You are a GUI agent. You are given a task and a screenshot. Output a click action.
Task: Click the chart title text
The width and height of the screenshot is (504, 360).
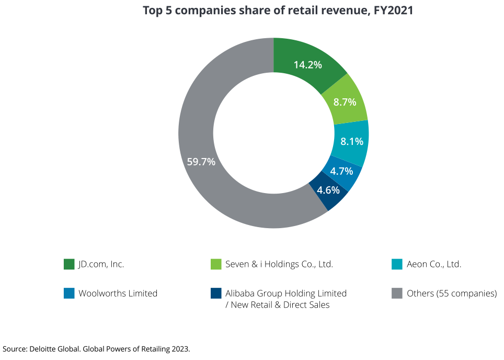coord(278,11)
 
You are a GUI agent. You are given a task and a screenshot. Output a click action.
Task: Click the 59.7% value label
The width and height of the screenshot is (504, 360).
coord(201,162)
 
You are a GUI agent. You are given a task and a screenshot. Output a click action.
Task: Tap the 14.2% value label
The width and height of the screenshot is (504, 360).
coord(307,65)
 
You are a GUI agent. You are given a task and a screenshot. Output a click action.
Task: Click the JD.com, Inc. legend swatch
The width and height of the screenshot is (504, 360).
coord(69,264)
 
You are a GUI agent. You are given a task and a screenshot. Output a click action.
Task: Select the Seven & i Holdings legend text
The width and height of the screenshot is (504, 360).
coord(279,264)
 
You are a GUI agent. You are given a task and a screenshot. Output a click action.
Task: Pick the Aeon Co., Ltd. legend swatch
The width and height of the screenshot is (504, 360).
coord(397,264)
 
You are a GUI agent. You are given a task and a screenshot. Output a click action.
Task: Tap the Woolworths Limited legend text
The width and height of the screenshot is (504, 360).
coord(118,294)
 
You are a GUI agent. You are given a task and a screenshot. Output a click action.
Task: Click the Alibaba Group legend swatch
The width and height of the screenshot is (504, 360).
coord(215,294)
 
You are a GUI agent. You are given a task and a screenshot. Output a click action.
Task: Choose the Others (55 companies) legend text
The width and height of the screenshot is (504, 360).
coord(452,294)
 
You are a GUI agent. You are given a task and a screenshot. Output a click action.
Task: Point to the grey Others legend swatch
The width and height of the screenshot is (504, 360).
coord(397,294)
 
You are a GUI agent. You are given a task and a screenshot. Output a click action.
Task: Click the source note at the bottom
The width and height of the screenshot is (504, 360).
coord(96,348)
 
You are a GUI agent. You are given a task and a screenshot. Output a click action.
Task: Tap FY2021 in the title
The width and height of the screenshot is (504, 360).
coord(394,11)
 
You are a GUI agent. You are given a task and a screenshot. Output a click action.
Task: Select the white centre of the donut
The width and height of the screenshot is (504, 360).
coord(273,133)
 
